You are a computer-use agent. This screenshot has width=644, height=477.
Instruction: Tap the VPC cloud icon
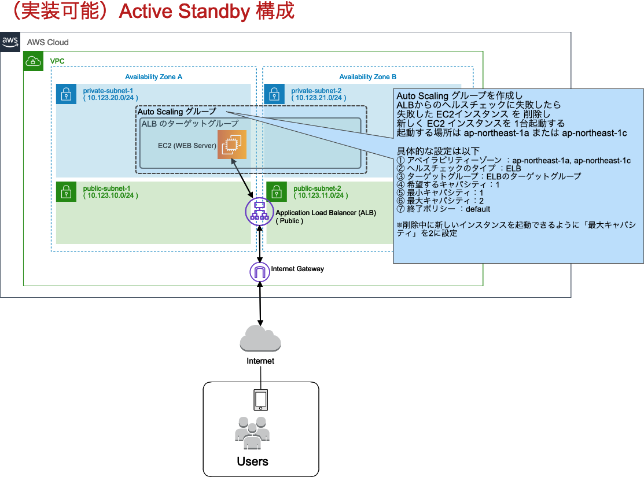tap(34, 61)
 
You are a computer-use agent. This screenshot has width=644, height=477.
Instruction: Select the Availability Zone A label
tap(154, 77)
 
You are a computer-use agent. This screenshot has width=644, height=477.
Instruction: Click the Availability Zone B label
tap(368, 77)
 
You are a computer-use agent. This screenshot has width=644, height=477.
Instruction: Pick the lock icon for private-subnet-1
tap(67, 94)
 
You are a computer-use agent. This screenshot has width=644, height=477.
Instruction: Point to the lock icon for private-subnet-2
tap(274, 94)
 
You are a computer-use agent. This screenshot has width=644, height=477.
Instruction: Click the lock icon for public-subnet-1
tap(67, 191)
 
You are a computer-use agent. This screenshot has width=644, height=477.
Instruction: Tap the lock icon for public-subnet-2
tap(277, 191)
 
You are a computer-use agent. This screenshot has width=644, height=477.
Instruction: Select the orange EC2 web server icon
tap(232, 145)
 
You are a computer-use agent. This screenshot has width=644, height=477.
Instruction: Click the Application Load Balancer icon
tap(259, 212)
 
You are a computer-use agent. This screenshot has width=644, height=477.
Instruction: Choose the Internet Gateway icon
tap(260, 272)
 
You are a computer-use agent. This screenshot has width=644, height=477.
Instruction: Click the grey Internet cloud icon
tap(260, 338)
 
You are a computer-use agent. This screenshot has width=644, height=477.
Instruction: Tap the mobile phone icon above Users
tap(261, 400)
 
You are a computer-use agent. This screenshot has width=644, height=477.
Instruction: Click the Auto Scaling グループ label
tap(177, 112)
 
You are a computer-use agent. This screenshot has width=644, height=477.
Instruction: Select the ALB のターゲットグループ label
tap(190, 124)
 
